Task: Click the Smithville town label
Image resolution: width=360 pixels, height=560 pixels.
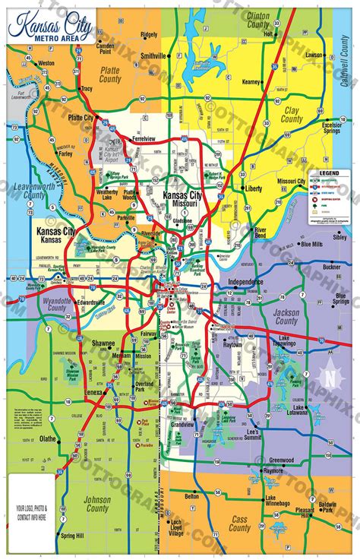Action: pyautogui.click(x=153, y=56)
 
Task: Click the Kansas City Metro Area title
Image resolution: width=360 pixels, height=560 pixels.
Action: pyautogui.click(x=50, y=30)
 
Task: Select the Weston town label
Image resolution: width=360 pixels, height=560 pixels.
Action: pyautogui.click(x=46, y=63)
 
